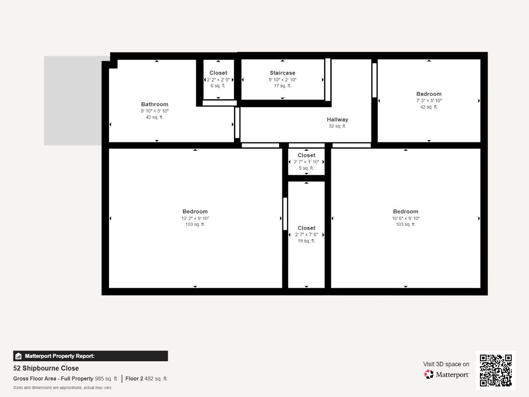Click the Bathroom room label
click(155, 104)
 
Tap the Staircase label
click(283, 73)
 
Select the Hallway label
click(337, 120)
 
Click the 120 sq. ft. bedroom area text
click(195, 224)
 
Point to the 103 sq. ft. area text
click(406, 224)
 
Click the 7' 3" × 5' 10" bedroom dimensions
click(429, 101)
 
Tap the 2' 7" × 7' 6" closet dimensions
click(306, 235)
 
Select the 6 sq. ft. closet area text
click(218, 86)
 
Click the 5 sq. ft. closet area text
click(306, 168)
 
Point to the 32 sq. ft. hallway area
click(337, 126)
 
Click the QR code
click(496, 370)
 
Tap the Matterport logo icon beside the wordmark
click(429, 374)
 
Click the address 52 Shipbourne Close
click(46, 368)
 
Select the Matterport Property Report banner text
click(59, 356)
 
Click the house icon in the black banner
click(18, 356)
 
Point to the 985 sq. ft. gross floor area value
click(106, 379)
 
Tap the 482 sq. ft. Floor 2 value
click(156, 379)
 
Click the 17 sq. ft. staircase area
click(283, 86)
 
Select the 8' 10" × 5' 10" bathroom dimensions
click(155, 111)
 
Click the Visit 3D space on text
click(446, 364)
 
